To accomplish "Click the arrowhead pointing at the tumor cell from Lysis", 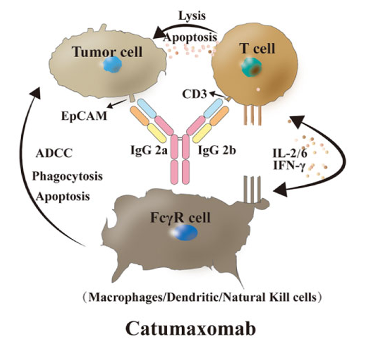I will (x=160, y=34).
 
